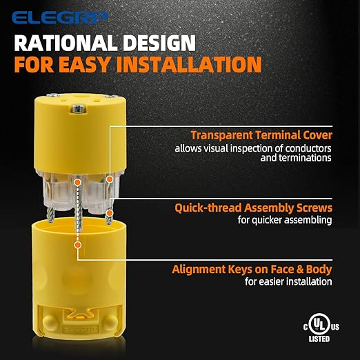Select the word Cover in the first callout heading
pos(314,135)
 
